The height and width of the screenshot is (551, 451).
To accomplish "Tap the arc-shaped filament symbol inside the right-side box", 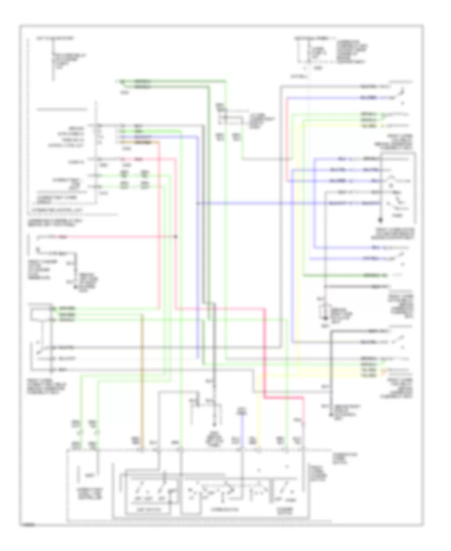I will [389, 181].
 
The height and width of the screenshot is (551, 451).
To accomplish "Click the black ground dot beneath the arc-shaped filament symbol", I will [379, 220].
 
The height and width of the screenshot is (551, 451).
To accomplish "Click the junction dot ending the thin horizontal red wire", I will [176, 236].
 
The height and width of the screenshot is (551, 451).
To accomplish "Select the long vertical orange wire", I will [142, 381].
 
